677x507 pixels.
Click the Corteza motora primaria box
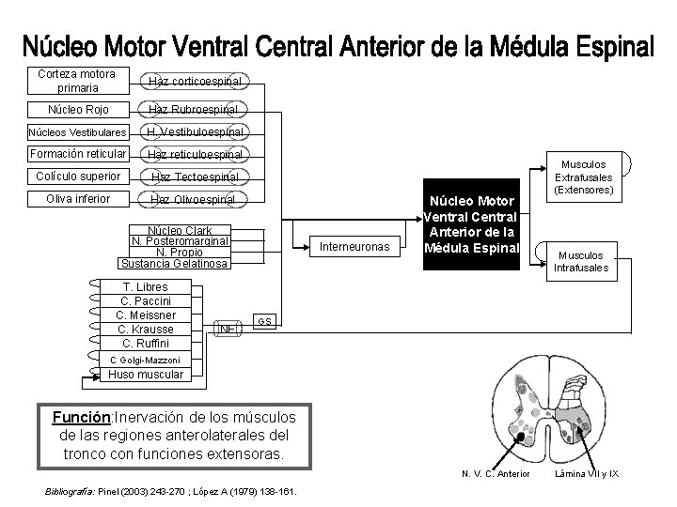(77, 81)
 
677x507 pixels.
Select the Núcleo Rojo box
(77, 109)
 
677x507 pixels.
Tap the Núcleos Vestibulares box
(77, 131)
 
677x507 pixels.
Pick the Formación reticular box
(77, 153)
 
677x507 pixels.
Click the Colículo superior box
(77, 176)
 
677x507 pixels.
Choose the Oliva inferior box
(77, 198)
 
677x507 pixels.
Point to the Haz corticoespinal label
(194, 82)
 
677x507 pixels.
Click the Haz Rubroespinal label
(194, 109)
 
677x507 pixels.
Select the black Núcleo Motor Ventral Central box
(471, 225)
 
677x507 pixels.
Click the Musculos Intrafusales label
(585, 260)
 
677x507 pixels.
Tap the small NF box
(227, 329)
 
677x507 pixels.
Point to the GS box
(265, 321)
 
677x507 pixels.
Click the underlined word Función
(82, 417)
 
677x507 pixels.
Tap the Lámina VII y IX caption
(586, 472)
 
